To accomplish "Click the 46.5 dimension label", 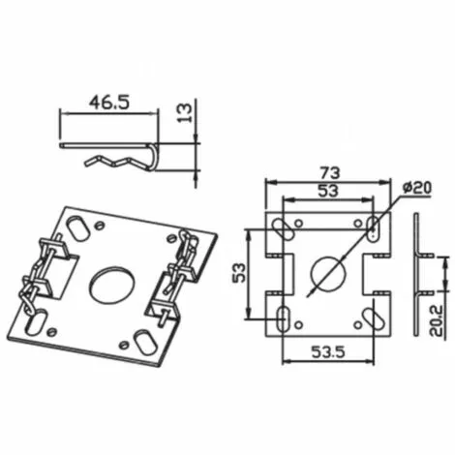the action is coord(109,103).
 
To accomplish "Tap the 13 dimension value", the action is coord(185,112).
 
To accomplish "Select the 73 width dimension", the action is coord(330,173).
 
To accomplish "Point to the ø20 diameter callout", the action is coord(417,188).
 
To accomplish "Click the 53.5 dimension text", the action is coord(328,351).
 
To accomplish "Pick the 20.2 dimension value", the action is coord(438,321).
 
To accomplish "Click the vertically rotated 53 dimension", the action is coord(239,273).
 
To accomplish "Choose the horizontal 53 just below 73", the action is coord(328,191).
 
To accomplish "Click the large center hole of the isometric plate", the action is coord(112,284).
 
